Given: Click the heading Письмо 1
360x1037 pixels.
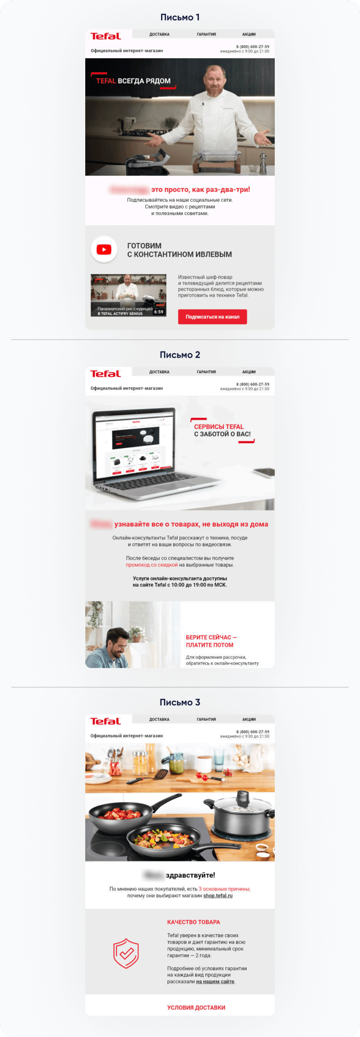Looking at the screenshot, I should [x=180, y=18].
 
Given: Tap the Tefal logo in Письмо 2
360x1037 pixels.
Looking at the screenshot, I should [x=106, y=374].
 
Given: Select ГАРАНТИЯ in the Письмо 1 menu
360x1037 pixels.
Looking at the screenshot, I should [x=207, y=34].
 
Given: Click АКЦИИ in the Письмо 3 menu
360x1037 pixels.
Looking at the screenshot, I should [x=249, y=719].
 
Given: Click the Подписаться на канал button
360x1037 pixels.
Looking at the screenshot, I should [x=212, y=317].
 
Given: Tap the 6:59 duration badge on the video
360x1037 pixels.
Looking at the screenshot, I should [x=159, y=312].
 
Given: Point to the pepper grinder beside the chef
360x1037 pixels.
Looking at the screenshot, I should [x=263, y=163].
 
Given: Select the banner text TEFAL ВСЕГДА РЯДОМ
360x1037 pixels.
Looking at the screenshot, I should [x=133, y=81].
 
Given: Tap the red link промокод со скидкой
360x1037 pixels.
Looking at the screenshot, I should [x=152, y=565].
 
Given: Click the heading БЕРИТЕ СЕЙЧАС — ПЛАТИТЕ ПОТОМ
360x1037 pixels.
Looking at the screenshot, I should [x=211, y=641].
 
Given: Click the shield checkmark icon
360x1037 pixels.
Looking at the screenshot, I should [x=126, y=953].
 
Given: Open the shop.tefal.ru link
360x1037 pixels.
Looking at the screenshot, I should [x=218, y=895].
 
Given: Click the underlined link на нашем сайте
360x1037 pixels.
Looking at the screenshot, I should [x=215, y=982].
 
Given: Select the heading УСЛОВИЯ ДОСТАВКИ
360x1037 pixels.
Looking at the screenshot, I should [x=196, y=1008].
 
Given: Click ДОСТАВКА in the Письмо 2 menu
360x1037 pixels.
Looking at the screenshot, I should [x=159, y=372].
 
